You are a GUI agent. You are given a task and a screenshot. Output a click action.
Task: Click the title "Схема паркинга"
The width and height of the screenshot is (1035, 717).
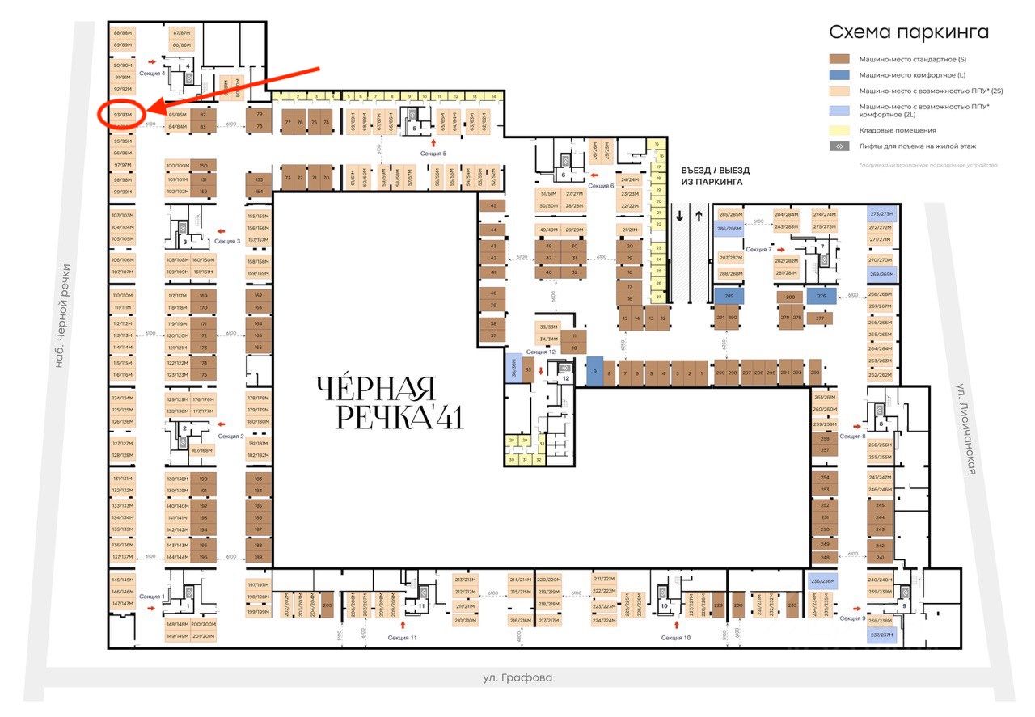(x=909, y=32)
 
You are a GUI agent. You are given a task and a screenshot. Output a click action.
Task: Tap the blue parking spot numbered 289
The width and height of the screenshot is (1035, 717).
(x=729, y=297)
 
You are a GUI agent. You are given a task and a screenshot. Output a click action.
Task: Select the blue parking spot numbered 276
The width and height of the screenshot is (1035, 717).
(x=821, y=297)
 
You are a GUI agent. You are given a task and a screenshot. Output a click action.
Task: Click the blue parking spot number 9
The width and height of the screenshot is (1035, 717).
(x=595, y=372)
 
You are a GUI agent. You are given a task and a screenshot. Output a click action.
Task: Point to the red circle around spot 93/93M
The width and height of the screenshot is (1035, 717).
(x=122, y=114)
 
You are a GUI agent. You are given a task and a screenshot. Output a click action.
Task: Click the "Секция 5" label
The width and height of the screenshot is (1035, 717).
(x=433, y=153)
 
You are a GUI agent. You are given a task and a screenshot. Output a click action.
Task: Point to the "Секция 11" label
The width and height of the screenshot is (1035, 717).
(x=402, y=638)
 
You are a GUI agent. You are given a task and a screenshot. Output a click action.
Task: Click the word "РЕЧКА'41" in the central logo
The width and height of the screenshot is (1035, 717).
(x=399, y=417)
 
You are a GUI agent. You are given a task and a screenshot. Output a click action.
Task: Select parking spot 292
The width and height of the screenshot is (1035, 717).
(x=814, y=373)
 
